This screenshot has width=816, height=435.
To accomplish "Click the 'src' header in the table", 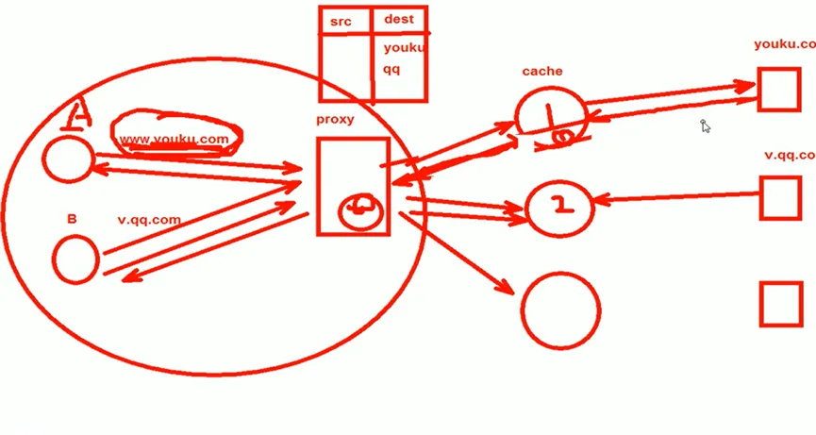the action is pyautogui.click(x=341, y=21).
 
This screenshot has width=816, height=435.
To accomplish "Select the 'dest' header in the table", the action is pyautogui.click(x=399, y=20).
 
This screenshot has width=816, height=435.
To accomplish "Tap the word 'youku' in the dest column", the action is pyautogui.click(x=404, y=47).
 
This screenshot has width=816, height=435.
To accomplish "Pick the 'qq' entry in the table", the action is pyautogui.click(x=391, y=69).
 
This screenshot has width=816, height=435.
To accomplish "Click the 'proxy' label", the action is pyautogui.click(x=335, y=120).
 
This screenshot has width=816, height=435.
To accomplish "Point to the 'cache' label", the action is pyautogui.click(x=542, y=72).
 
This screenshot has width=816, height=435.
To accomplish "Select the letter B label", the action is pyautogui.click(x=72, y=219).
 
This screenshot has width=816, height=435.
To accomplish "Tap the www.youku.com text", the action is pyautogui.click(x=174, y=140).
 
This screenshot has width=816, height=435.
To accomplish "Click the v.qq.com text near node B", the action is pyautogui.click(x=149, y=220).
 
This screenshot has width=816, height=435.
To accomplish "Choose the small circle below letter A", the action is pyautogui.click(x=68, y=159).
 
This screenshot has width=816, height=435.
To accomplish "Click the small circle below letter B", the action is pyautogui.click(x=75, y=259).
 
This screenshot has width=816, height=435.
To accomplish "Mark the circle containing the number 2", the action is pyautogui.click(x=559, y=205).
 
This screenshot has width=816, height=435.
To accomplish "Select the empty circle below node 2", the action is pyautogui.click(x=560, y=309).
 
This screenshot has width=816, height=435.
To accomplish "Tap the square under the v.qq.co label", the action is pyautogui.click(x=780, y=197).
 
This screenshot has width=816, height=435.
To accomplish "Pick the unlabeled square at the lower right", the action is pyautogui.click(x=780, y=304).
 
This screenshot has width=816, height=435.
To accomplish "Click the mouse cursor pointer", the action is pyautogui.click(x=705, y=126).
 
